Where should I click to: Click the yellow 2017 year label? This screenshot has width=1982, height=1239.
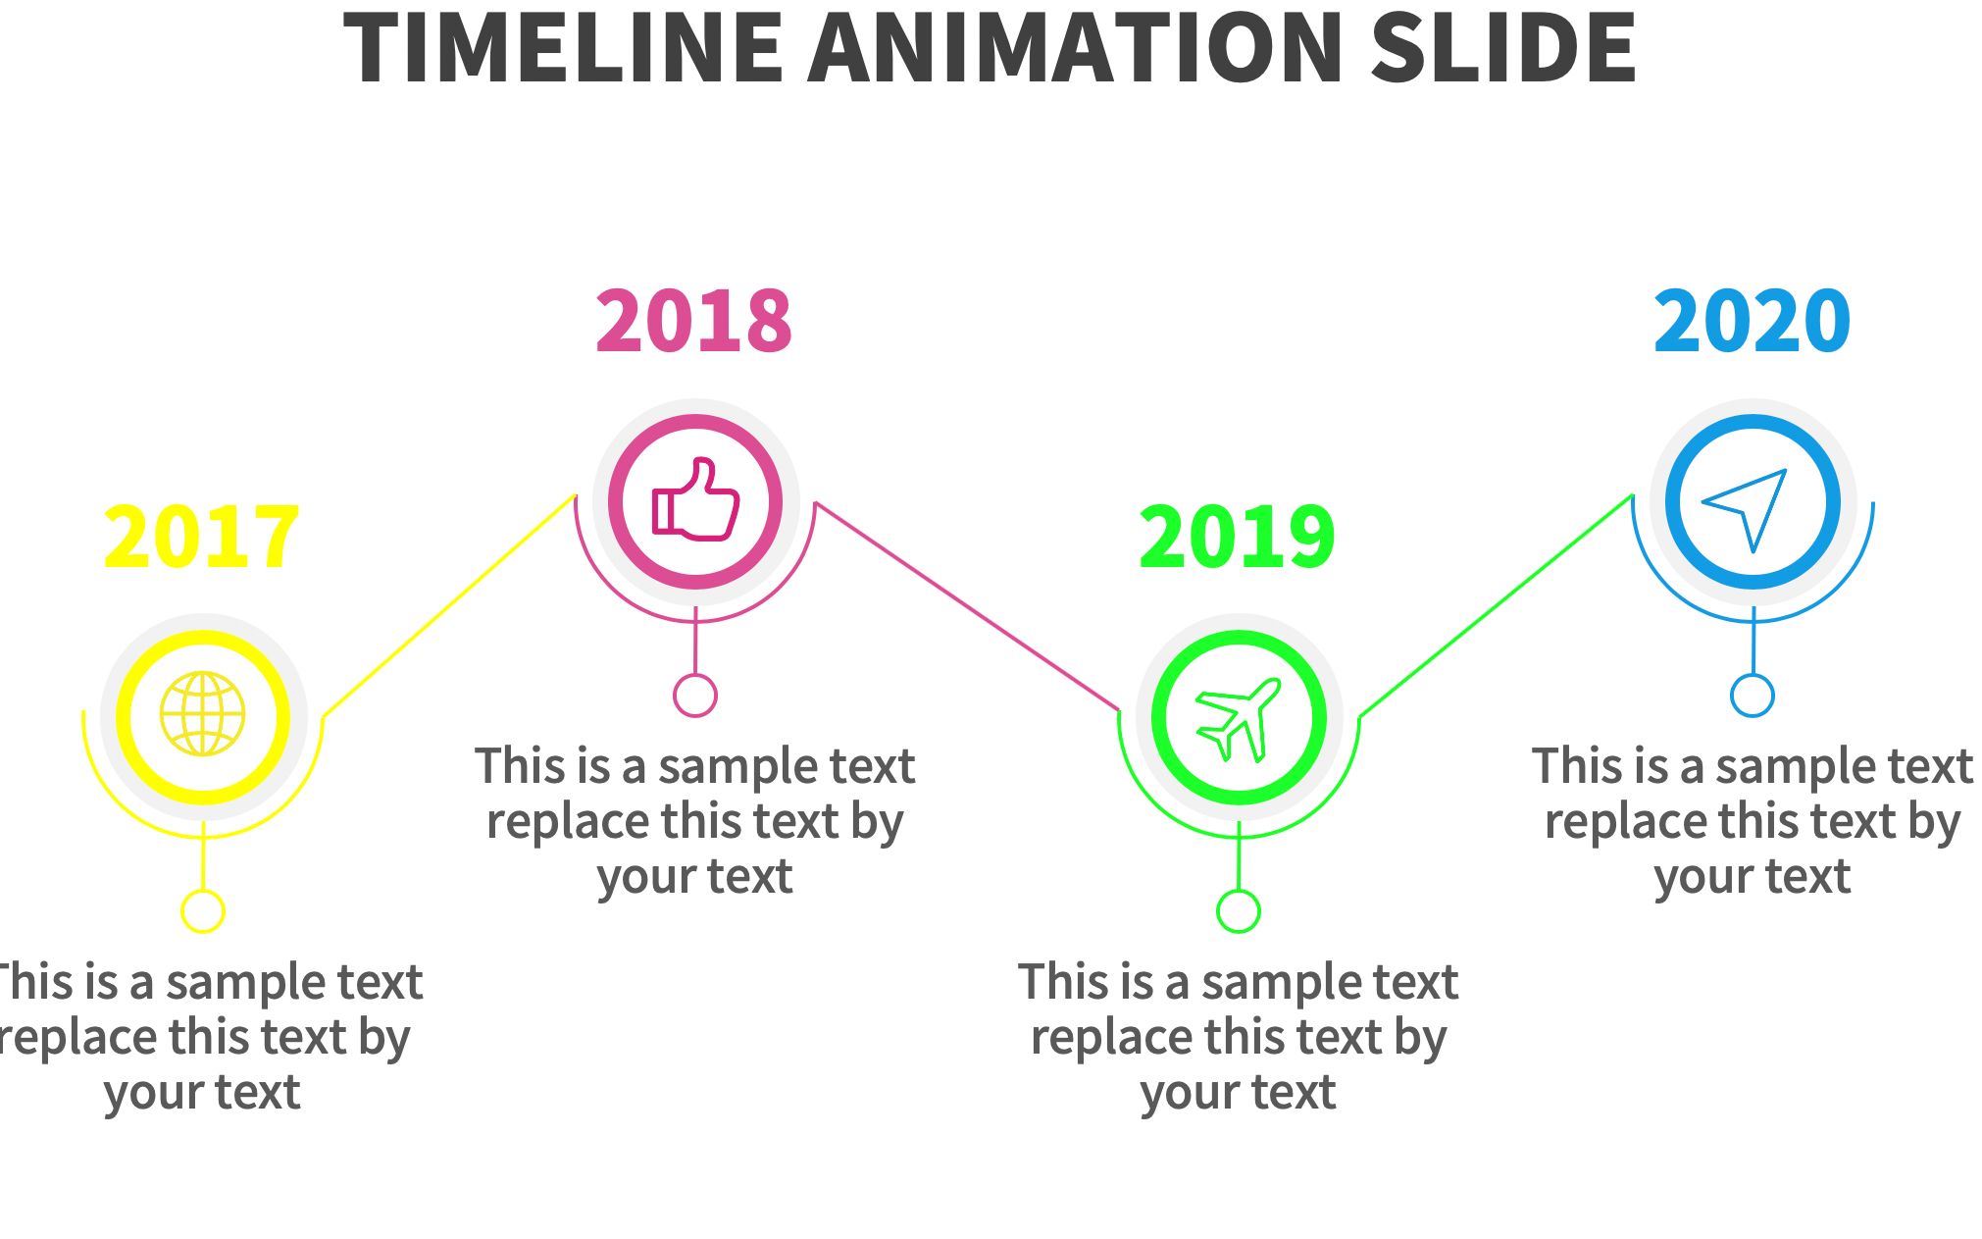pyautogui.click(x=201, y=537)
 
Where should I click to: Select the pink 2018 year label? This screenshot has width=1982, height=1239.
pyautogui.click(x=694, y=321)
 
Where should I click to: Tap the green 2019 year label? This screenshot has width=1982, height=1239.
pyautogui.click(x=1237, y=537)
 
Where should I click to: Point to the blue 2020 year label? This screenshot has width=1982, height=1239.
pyautogui.click(x=1753, y=321)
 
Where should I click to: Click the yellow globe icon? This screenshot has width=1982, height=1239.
pyautogui.click(x=203, y=714)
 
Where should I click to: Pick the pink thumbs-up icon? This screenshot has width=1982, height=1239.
pyautogui.click(x=696, y=499)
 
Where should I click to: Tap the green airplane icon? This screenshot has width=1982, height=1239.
pyautogui.click(x=1239, y=719)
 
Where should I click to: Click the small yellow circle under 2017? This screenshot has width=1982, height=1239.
pyautogui.click(x=203, y=911)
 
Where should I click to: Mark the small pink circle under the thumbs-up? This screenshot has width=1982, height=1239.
pyautogui.click(x=695, y=696)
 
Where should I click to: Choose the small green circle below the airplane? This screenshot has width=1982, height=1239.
pyautogui.click(x=1239, y=911)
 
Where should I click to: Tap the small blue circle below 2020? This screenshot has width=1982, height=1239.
pyautogui.click(x=1753, y=696)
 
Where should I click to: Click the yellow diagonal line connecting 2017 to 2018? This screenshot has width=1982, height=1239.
pyautogui.click(x=449, y=605)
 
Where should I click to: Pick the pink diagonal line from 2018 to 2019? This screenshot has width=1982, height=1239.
pyautogui.click(x=967, y=606)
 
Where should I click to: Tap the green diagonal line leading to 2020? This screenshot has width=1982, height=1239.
pyautogui.click(x=1496, y=605)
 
